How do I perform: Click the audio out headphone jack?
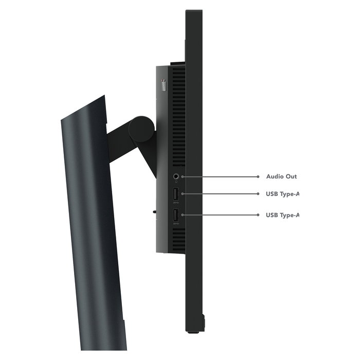click(x=176, y=176)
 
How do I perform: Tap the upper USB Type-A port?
click(x=176, y=194)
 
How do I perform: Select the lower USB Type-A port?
click(x=176, y=215)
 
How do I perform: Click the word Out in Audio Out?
click(x=291, y=176)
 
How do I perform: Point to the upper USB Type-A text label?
click(x=282, y=194)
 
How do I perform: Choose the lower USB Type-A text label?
click(x=282, y=215)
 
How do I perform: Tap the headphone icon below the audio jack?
click(x=176, y=182)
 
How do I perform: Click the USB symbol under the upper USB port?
click(x=176, y=203)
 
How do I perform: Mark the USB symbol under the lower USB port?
click(x=176, y=224)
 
